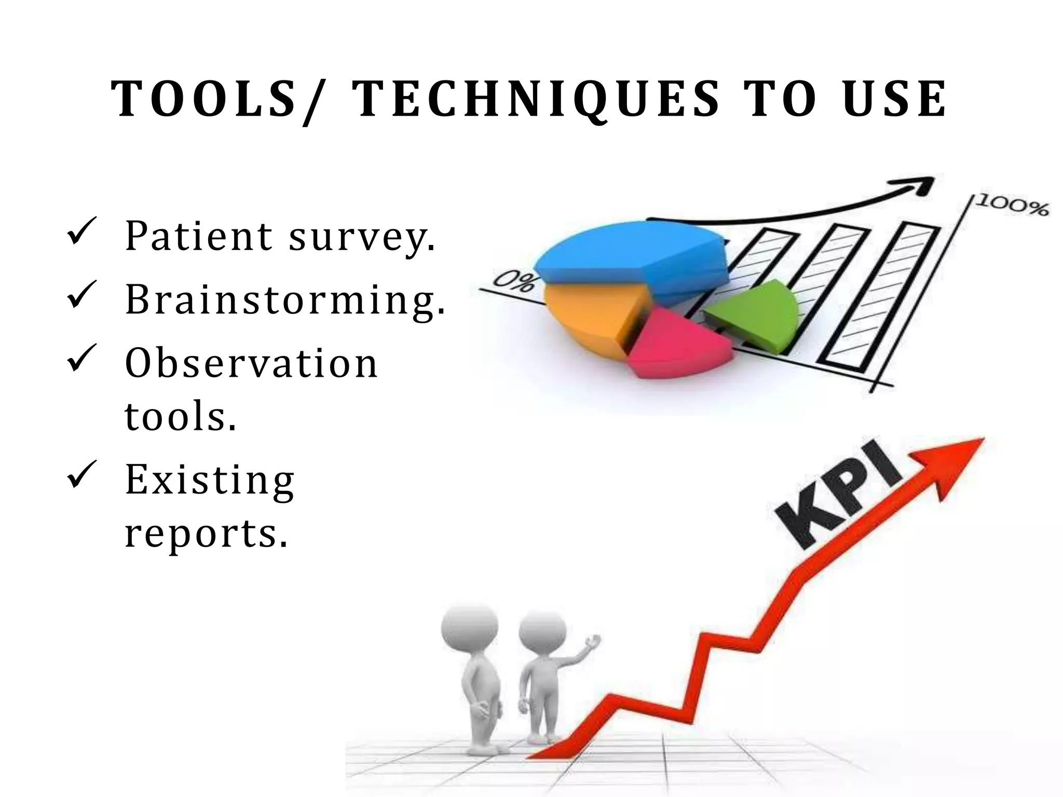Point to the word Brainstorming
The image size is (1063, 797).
[x=284, y=299]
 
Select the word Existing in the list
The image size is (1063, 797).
[x=210, y=479]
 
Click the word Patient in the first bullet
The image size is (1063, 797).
[x=198, y=236]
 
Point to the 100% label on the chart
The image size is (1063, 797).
[x=1012, y=207]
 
